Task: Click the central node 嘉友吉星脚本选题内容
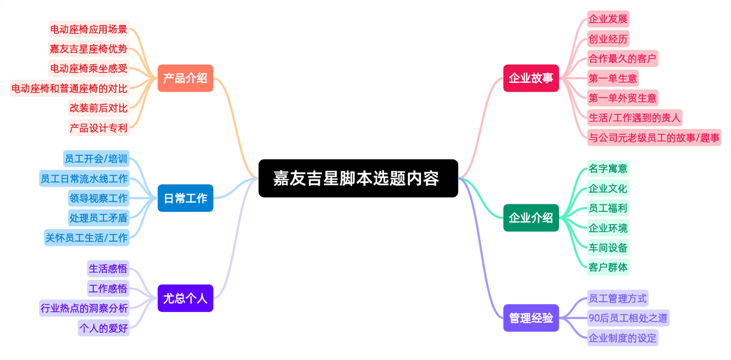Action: pos(358,178)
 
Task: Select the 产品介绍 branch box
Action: pos(185,78)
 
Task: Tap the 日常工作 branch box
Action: pos(185,198)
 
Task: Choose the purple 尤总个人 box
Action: pos(185,298)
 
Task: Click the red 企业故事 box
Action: pos(531,78)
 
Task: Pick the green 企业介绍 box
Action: pos(531,218)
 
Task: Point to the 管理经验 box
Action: pos(531,318)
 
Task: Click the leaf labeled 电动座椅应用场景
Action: pos(89,29)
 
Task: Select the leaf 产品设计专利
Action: pos(99,128)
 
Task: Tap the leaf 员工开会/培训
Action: pos(96,159)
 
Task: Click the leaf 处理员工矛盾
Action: pos(98,218)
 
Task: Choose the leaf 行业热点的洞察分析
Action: pos(84,308)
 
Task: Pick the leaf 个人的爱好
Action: pos(103,328)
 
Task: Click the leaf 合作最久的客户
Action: pos(623,58)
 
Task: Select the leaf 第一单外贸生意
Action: pos(623,98)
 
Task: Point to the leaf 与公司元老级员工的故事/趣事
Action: pos(654,137)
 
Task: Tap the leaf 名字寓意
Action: pos(608,168)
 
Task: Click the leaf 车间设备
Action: pos(608,248)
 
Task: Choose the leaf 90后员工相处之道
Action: pos(628,318)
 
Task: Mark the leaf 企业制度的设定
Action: pos(623,337)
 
